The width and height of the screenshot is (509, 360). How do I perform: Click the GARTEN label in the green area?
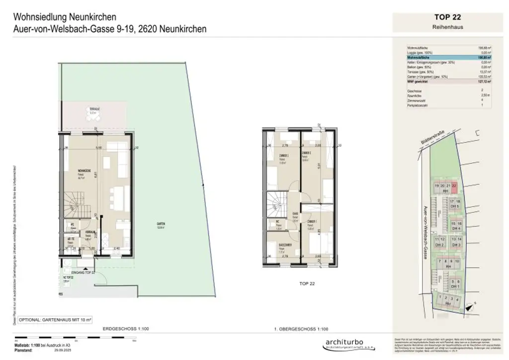coord(160,225)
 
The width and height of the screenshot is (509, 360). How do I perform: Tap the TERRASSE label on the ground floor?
coord(92,109)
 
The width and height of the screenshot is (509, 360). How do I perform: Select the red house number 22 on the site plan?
coord(454,185)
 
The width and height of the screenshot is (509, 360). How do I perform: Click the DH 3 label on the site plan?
coord(456,245)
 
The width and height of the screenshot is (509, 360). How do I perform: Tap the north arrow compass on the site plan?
coord(476,133)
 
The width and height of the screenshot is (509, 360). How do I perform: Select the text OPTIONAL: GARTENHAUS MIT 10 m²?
coord(53,319)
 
